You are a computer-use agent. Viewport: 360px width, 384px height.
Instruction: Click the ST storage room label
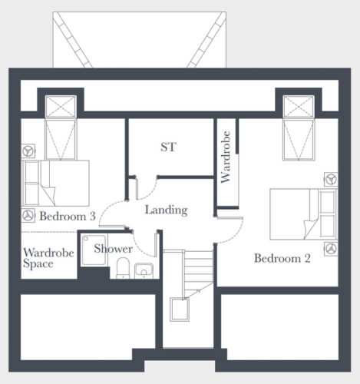point(168,147)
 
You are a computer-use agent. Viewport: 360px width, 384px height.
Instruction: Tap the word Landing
point(167,210)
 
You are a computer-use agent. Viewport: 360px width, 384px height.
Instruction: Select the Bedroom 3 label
point(68,217)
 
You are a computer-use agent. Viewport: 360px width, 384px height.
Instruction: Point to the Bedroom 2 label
point(282,258)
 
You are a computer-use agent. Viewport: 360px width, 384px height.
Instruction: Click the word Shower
point(113,249)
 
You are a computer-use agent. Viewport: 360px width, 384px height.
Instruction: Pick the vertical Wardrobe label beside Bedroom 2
point(226,157)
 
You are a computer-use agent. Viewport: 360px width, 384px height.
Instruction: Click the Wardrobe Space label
point(48,258)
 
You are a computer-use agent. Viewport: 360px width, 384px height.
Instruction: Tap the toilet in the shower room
point(123,268)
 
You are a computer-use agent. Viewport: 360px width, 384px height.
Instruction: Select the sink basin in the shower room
point(144,270)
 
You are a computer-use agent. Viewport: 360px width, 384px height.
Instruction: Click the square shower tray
point(94,250)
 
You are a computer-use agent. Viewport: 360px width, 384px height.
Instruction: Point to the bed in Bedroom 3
point(55,183)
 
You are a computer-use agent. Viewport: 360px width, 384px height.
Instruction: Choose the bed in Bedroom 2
point(303,214)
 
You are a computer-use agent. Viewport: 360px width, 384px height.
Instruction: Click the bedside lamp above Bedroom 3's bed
point(28,151)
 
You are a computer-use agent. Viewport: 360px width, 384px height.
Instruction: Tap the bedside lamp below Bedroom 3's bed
point(28,216)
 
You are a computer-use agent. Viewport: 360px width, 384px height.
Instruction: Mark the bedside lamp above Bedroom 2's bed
point(331,179)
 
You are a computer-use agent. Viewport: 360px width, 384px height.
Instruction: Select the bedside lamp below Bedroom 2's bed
point(331,249)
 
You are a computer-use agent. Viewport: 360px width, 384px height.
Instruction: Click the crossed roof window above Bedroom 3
point(61,107)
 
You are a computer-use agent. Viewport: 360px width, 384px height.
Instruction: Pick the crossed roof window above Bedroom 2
point(299,107)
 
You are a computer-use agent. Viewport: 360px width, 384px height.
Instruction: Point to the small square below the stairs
point(180,310)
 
